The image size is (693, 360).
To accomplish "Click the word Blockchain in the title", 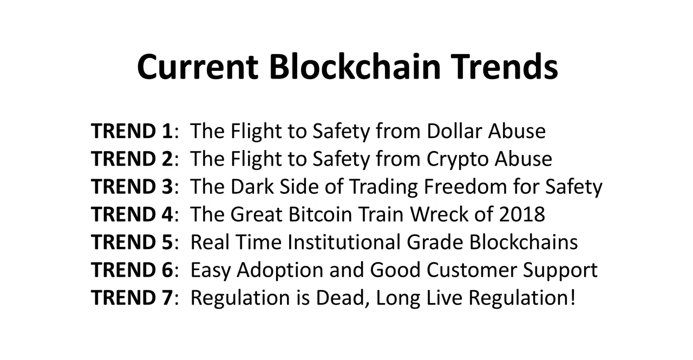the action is (x=355, y=67).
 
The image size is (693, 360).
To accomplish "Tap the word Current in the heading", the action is (x=198, y=67).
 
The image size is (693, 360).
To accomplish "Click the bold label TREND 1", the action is (x=132, y=131).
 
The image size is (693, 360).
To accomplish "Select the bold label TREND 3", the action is (x=132, y=186).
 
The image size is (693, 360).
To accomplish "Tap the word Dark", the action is (x=252, y=186).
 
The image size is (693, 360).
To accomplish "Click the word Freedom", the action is (x=465, y=186).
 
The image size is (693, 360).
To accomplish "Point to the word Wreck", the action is (x=439, y=214).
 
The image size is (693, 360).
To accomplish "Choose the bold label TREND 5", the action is (x=132, y=242).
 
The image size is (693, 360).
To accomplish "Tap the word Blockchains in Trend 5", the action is (x=524, y=241).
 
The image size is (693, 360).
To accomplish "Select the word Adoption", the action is (x=280, y=270).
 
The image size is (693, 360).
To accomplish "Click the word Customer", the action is (x=472, y=270).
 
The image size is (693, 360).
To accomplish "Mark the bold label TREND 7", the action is (x=132, y=298).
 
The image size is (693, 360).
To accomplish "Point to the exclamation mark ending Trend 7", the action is (x=573, y=297).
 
